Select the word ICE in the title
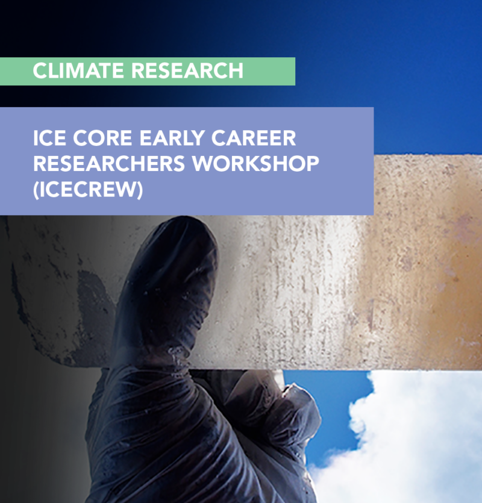pos(49,138)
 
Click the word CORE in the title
pos(102,138)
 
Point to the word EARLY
pos(172,139)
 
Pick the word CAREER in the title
pos(254,138)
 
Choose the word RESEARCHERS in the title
pos(109,164)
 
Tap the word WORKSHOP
pos(256,164)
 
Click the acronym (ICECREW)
pos(88,190)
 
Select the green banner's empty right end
pos(269,71)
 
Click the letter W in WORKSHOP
pos(204,164)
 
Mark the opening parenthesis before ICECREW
pos(36,190)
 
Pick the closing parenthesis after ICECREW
pos(140,190)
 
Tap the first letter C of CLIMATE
pos(40,70)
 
